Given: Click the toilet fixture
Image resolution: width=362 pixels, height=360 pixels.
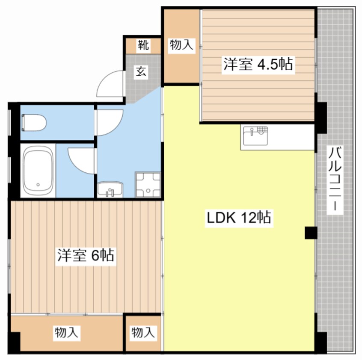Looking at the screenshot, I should click(33, 123).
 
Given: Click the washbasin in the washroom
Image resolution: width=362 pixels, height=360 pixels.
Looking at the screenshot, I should click(110, 189).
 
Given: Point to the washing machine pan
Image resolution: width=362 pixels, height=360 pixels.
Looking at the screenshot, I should click(148, 185).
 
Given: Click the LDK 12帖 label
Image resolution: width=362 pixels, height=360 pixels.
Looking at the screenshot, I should click(239, 218).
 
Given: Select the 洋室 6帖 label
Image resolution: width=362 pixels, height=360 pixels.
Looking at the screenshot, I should click(86, 255).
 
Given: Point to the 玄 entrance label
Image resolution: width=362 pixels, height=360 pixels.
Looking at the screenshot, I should click(142, 71).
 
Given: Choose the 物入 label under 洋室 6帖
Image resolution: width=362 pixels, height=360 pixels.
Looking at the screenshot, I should click(66, 332).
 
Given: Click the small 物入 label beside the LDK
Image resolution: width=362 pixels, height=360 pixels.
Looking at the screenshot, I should click(143, 332).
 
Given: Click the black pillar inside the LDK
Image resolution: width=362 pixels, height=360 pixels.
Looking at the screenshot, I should click(311, 233).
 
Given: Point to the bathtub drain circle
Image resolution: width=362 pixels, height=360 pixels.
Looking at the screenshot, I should click(38, 185).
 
